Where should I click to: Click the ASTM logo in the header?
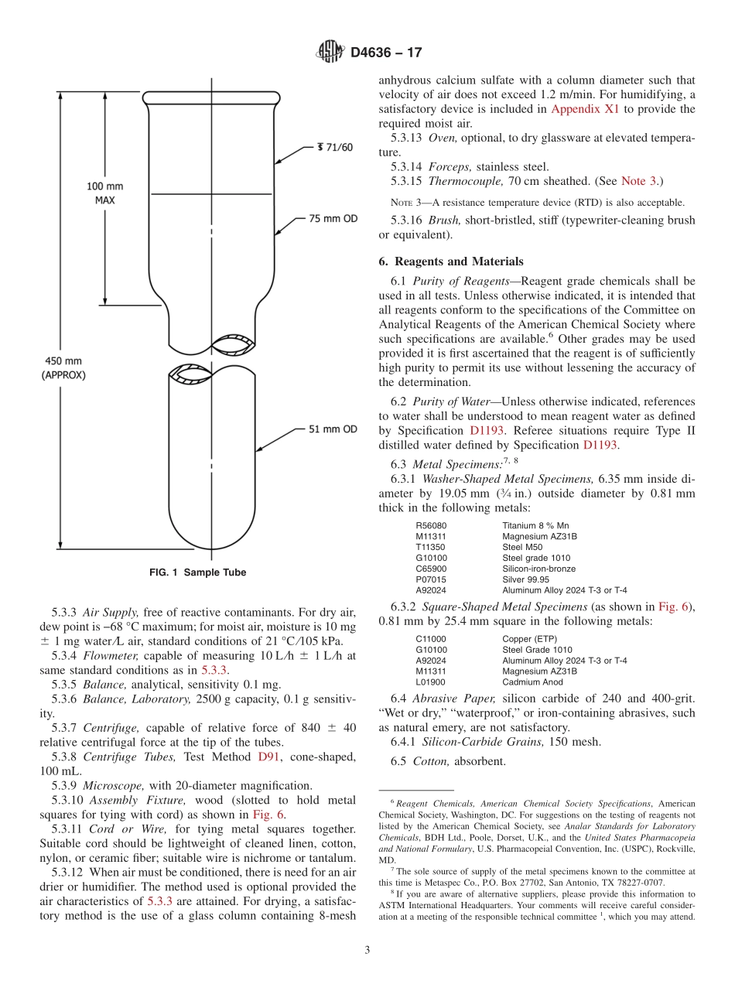pyautogui.click(x=330, y=53)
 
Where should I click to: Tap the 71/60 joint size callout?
pyautogui.click(x=334, y=147)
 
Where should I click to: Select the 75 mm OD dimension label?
pyautogui.click(x=333, y=219)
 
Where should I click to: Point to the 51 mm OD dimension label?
pyautogui.click(x=333, y=429)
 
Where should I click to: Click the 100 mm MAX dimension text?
pyautogui.click(x=104, y=193)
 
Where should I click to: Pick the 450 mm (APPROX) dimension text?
pyautogui.click(x=63, y=367)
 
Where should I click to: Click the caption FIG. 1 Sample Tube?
pyautogui.click(x=197, y=572)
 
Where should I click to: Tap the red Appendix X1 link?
pyautogui.click(x=584, y=109)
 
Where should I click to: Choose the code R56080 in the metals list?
pyautogui.click(x=431, y=525)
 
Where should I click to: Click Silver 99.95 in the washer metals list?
pyautogui.click(x=525, y=579)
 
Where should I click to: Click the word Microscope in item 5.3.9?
pyautogui.click(x=111, y=785)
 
